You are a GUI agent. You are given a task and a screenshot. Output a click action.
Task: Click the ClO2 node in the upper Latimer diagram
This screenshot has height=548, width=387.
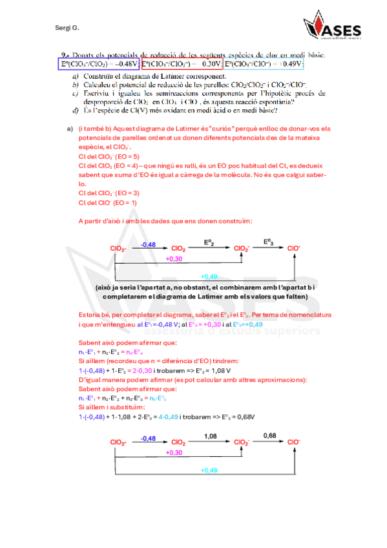pyautogui.click(x=178, y=249)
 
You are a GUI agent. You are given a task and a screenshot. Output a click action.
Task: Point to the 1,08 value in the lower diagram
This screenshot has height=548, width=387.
pyautogui.click(x=212, y=436)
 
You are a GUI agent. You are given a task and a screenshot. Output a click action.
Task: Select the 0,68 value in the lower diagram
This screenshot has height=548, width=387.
pyautogui.click(x=270, y=436)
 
